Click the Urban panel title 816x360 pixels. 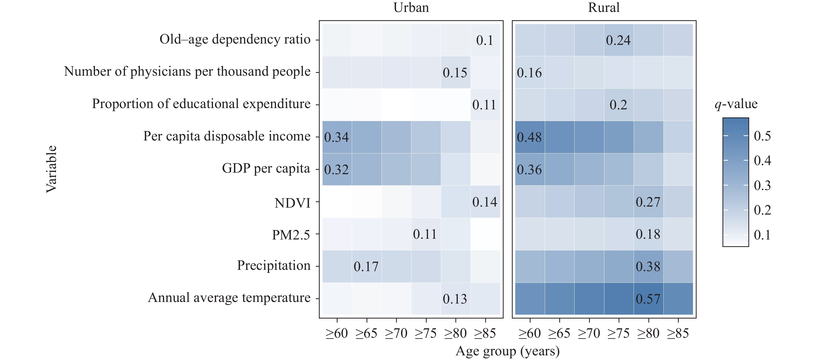(411, 8)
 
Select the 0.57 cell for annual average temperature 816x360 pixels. (648, 299)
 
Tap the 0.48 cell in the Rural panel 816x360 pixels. (530, 137)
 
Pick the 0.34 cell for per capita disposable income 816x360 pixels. (337, 137)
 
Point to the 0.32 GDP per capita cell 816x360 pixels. (337, 170)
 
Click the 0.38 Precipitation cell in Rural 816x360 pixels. (648, 266)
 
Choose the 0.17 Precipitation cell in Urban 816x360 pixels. (366, 266)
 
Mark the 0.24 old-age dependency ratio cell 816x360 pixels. (618, 40)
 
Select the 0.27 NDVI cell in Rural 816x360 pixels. (648, 202)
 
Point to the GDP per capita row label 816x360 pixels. (266, 168)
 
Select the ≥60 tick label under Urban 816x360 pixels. (337, 333)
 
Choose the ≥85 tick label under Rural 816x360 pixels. (678, 333)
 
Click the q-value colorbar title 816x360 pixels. (736, 104)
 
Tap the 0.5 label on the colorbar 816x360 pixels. (762, 136)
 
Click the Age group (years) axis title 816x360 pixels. (507, 351)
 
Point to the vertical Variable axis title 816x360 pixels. (51, 169)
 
